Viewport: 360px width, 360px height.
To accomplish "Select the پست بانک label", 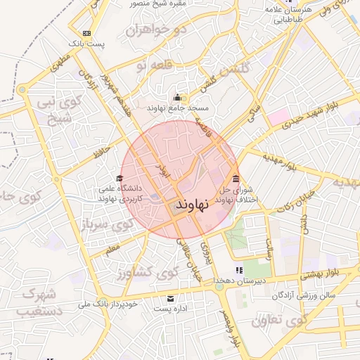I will tap(87, 44).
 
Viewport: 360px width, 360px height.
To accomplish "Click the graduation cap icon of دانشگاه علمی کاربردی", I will tap(120, 179).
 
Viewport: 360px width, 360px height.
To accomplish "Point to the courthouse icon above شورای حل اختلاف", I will tap(235, 178).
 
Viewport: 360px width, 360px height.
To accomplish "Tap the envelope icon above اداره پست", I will tap(169, 297).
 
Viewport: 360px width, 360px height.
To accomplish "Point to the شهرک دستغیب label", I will tap(37, 302).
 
